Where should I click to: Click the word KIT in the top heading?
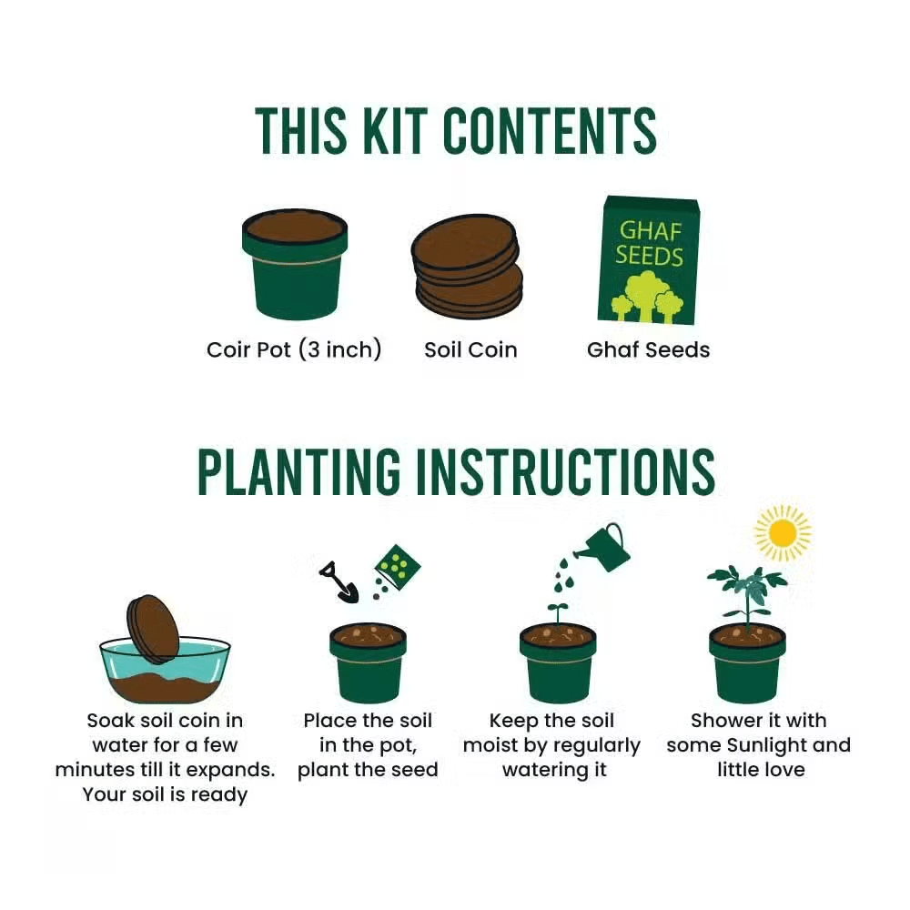coord(395,130)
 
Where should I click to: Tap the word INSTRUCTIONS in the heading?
coord(566,471)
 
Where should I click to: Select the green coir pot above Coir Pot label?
coord(294,264)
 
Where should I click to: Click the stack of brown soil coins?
coord(467,266)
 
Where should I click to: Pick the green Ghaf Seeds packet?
coord(649,260)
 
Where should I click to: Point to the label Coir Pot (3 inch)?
coord(294,350)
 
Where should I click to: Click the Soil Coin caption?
coord(470,350)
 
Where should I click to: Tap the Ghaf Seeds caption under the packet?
coord(648,350)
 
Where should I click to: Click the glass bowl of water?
coord(166,673)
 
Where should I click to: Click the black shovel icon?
coord(339,582)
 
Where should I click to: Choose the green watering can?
coord(603,547)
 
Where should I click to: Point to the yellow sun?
coord(782,532)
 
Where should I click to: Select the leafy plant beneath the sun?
coord(747,598)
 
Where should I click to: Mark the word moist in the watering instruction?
coord(489,745)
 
